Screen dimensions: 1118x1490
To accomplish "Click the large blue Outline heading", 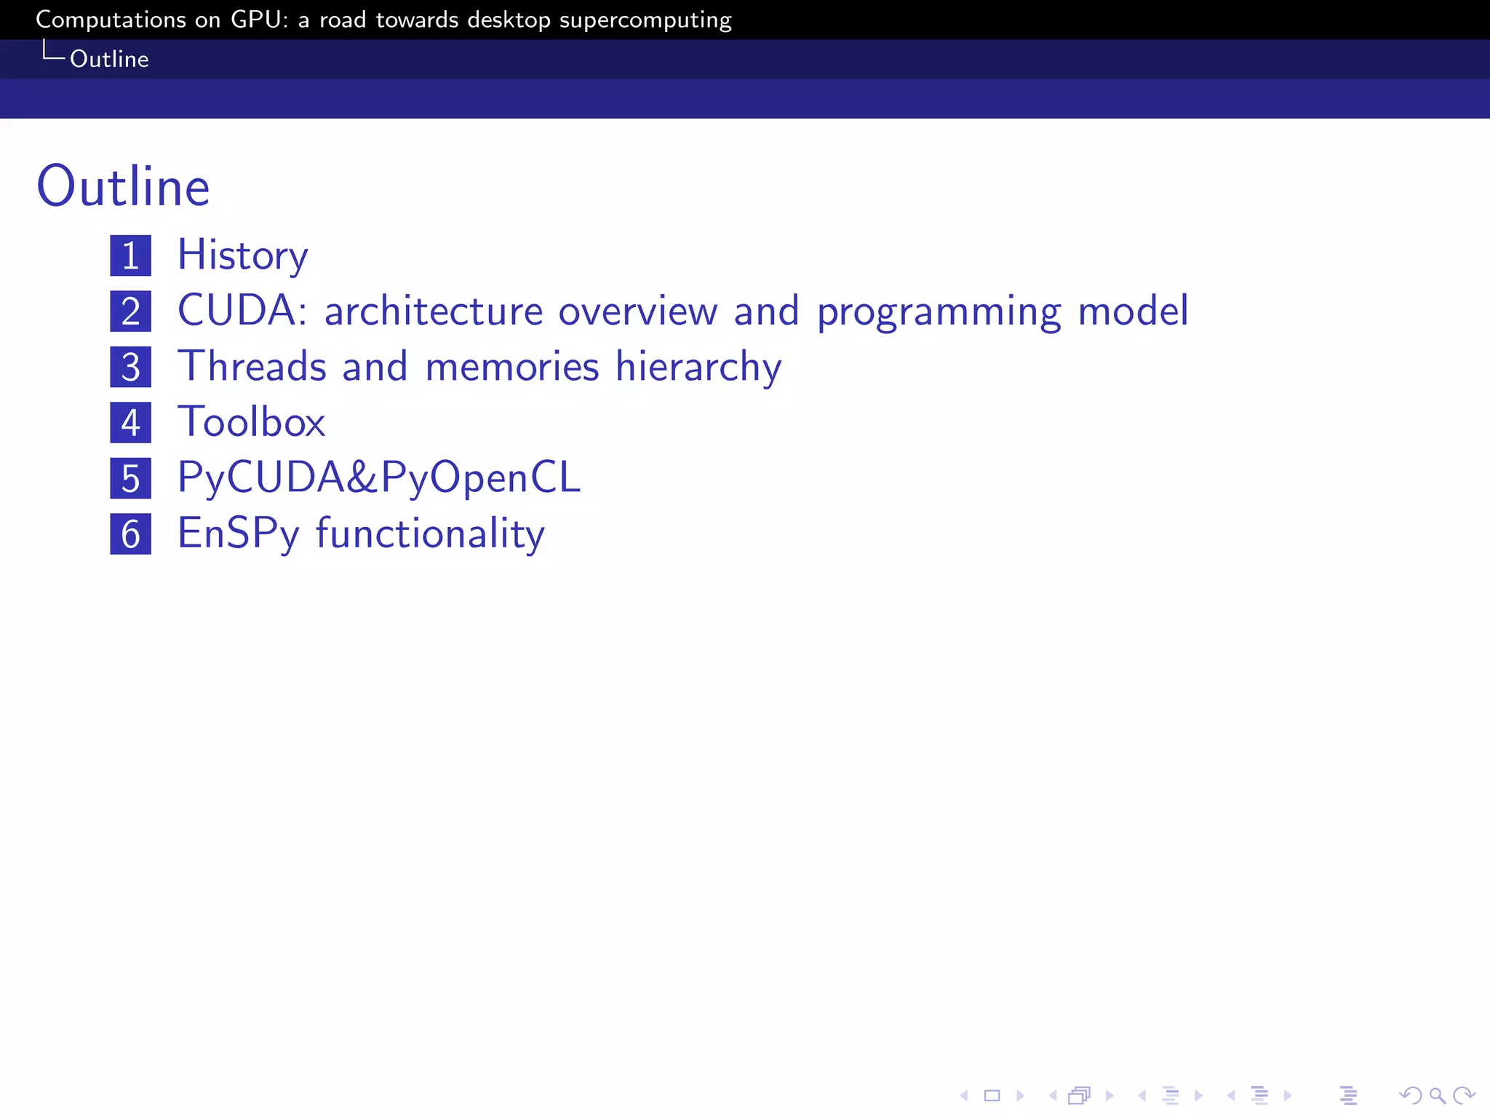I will (x=124, y=187).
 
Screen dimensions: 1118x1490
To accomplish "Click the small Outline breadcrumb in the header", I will (x=109, y=59).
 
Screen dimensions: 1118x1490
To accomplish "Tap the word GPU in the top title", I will (x=255, y=20).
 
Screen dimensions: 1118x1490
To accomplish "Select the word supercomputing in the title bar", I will (x=645, y=20).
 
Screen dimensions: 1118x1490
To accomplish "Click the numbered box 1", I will (x=131, y=255).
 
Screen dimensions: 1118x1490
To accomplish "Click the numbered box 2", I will (x=131, y=312).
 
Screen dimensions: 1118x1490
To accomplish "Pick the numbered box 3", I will (x=131, y=367).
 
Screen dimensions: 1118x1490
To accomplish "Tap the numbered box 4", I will (x=131, y=423).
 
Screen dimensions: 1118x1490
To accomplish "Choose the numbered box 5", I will (x=131, y=478).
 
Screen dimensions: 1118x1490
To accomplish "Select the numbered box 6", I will (x=131, y=534).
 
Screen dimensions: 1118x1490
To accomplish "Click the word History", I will (x=243, y=255).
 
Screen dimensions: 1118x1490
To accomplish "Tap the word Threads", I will (x=252, y=366).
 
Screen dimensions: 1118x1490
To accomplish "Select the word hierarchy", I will (x=698, y=368).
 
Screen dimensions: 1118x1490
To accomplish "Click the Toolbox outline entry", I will (x=252, y=422).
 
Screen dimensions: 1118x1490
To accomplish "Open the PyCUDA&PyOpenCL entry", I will (x=379, y=478).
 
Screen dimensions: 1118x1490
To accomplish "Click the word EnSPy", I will (x=239, y=534).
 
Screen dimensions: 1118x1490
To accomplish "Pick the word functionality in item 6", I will (x=430, y=534).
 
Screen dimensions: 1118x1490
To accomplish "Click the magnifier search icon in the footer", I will (x=1437, y=1095).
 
